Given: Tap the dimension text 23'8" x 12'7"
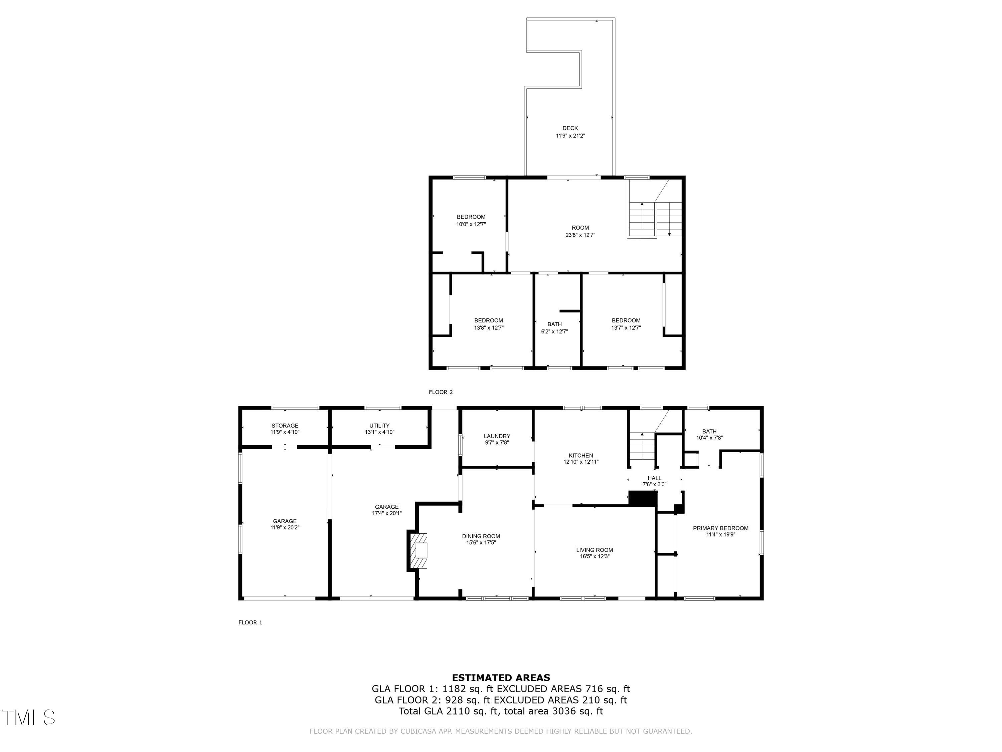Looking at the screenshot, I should [580, 235].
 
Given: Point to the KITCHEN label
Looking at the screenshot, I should [581, 456].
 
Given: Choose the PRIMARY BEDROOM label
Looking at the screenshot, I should [720, 528].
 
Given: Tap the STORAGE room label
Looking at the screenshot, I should [285, 426].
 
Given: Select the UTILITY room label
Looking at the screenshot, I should [379, 426].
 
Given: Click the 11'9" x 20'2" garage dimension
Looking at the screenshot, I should [285, 528].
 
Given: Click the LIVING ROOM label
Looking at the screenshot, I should [594, 550].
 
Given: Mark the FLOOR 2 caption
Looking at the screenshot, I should [440, 392].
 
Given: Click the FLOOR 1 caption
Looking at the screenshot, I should [250, 622].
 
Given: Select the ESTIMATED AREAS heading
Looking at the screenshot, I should [501, 678].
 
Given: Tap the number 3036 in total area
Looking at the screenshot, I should [563, 711].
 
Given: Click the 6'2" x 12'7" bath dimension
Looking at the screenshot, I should [554, 331].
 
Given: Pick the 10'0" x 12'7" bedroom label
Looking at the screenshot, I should [471, 224].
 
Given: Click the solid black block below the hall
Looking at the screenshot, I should [642, 499].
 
